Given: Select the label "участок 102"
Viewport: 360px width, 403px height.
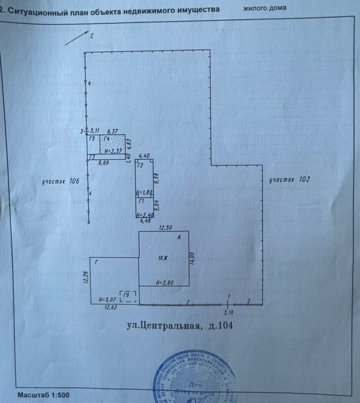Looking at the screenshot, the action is coord(289,180).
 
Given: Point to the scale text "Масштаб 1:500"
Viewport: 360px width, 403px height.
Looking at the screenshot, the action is coord(44,395).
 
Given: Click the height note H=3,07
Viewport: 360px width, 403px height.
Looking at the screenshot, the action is coord(107,299).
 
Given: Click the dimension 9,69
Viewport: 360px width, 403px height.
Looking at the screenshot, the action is coord(103,162).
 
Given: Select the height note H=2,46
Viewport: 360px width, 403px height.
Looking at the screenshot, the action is coord(144,215).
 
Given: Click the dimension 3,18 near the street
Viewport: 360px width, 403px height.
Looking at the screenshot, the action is coord(228,313).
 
